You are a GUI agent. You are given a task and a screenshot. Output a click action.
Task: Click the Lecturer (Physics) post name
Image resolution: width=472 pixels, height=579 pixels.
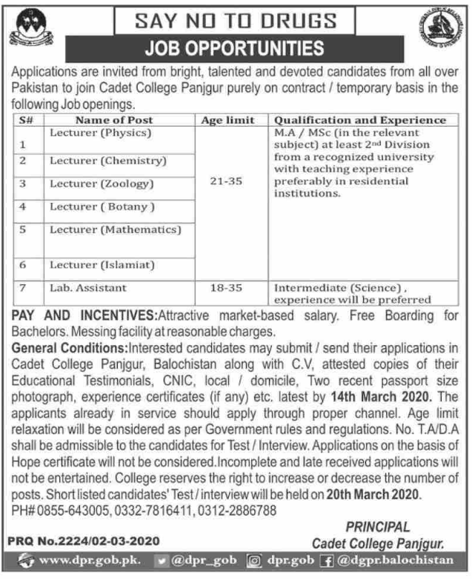coord(100,133)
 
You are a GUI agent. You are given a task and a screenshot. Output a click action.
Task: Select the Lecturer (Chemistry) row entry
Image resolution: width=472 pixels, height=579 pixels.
coord(108,160)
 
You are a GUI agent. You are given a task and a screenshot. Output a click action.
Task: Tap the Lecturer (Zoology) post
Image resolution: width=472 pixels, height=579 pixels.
coord(102,183)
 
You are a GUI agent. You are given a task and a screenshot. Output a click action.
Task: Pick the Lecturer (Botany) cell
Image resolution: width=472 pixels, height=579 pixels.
coord(102,207)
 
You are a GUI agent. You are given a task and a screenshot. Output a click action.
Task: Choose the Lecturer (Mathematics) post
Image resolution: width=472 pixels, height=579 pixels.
coord(115,230)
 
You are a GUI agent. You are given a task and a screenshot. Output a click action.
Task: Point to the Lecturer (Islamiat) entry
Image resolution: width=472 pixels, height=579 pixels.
coord(103,264)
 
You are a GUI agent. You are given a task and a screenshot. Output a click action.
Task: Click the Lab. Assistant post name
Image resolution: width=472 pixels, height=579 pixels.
coord(88,287)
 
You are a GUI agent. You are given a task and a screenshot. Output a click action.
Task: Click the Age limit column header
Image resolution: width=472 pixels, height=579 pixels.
coord(227,120)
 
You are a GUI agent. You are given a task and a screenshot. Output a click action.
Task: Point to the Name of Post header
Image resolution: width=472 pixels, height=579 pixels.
coord(115,120)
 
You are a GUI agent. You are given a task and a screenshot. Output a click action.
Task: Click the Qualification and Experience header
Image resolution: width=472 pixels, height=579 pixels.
coord(361,120)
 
